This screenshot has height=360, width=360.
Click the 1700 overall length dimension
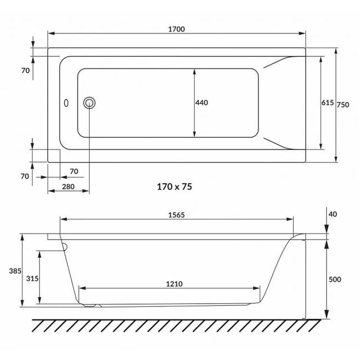[x=176, y=29]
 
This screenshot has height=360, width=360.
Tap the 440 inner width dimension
[x=201, y=102]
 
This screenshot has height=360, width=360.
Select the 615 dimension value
[x=327, y=102]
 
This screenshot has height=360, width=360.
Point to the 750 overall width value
[x=343, y=104]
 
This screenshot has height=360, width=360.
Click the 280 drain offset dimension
[x=68, y=187]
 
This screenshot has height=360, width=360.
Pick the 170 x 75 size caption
[x=175, y=187]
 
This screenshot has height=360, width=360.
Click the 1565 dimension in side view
[x=176, y=215]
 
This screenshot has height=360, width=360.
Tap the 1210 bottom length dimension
[x=175, y=284]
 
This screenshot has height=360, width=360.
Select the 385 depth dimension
[x=15, y=271]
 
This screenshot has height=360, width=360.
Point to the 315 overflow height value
[x=32, y=278]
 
